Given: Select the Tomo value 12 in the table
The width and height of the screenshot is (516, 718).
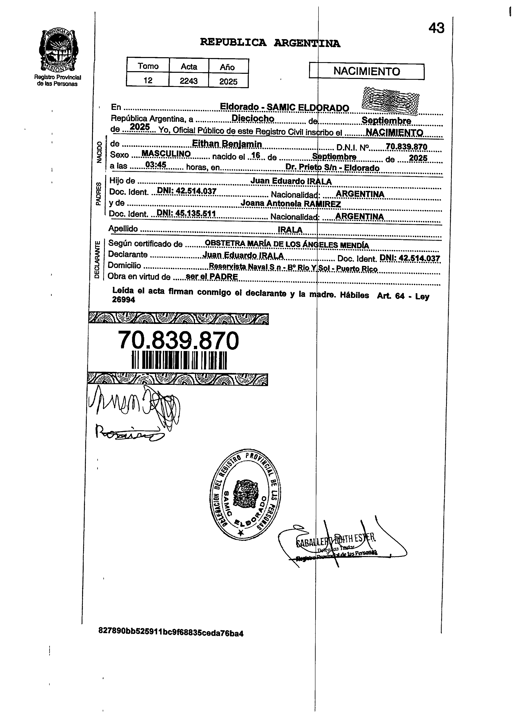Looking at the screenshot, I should pyautogui.click(x=148, y=80).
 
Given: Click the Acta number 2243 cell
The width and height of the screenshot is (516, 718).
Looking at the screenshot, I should pyautogui.click(x=189, y=81).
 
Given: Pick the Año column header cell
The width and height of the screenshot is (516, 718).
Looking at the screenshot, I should pyautogui.click(x=228, y=67).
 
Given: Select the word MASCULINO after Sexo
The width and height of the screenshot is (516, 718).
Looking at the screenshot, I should pyautogui.click(x=166, y=154).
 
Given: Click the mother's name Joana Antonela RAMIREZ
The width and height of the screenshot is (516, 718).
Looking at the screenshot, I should pyautogui.click(x=290, y=204).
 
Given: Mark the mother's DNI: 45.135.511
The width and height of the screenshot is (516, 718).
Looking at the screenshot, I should pyautogui.click(x=186, y=214).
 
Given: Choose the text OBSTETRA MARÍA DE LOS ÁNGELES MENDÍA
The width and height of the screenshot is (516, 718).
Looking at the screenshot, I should pyautogui.click(x=287, y=245).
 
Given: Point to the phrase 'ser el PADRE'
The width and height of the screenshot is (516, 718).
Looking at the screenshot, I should pyautogui.click(x=212, y=276).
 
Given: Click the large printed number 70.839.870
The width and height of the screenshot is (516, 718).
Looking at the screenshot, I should pyautogui.click(x=178, y=341).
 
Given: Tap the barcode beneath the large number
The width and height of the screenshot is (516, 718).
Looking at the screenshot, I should pyautogui.click(x=179, y=360).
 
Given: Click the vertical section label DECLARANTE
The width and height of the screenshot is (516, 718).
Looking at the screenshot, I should pyautogui.click(x=97, y=260).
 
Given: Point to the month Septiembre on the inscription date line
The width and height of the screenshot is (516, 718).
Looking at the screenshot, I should pyautogui.click(x=386, y=121).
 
